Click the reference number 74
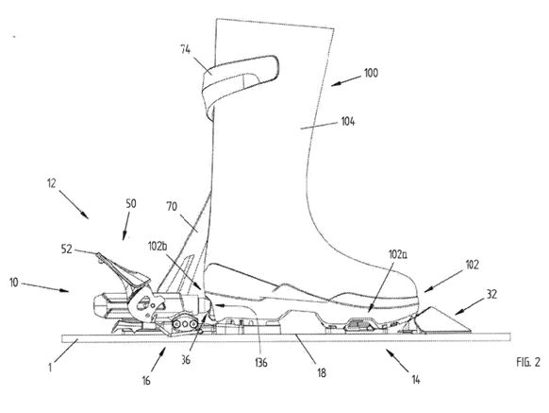(x=185, y=49)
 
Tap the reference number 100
(x=371, y=73)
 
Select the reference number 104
(x=348, y=121)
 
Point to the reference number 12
(x=52, y=183)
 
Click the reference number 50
(x=130, y=204)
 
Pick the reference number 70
(x=172, y=207)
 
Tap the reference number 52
(x=67, y=250)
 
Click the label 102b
(x=158, y=246)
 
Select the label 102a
(x=398, y=255)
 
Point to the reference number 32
(x=491, y=295)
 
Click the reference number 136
(x=261, y=363)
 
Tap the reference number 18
(x=322, y=372)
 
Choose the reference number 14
(x=416, y=380)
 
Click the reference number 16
(x=146, y=380)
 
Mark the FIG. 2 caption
(x=528, y=362)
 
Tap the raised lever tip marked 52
(x=99, y=255)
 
